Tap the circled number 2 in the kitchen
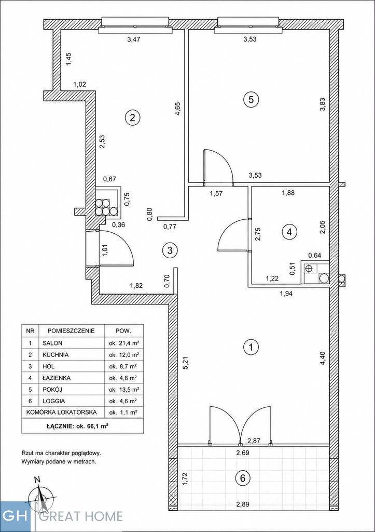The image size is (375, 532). coord(132,118)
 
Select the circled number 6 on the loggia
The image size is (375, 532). coord(243,478)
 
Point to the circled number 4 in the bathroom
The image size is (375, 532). coord(289,232)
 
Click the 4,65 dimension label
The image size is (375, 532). coord(177,109)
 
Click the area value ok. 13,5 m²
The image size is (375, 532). coord(122,389)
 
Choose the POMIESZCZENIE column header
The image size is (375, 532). coord(71,330)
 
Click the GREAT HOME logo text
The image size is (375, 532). coord(81,516)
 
